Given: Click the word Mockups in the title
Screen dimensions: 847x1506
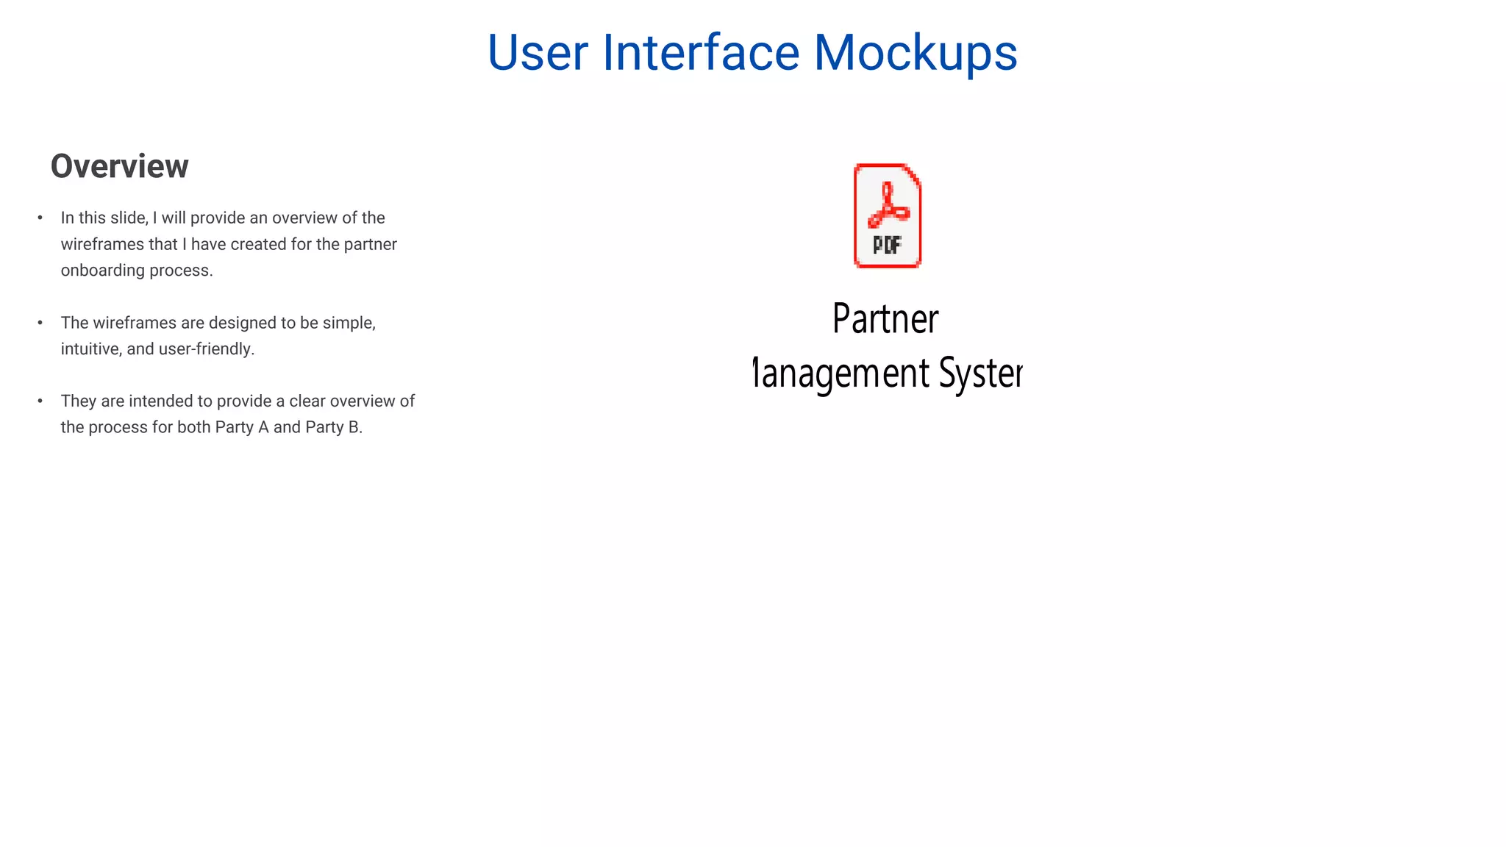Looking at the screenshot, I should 915,53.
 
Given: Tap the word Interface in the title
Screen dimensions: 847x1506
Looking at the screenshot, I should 700,53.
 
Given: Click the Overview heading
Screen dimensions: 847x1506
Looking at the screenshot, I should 119,166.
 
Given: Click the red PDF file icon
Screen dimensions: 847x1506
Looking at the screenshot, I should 887,215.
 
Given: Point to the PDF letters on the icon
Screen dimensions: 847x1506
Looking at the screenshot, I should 887,245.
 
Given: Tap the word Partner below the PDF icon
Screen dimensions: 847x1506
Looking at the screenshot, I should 885,319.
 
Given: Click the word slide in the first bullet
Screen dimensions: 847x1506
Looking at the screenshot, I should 130,218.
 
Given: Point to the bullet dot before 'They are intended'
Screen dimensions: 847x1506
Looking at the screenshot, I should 40,401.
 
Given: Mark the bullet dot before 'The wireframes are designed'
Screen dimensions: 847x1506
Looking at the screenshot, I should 40,323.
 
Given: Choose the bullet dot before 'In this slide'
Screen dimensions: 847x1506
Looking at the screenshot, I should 40,218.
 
